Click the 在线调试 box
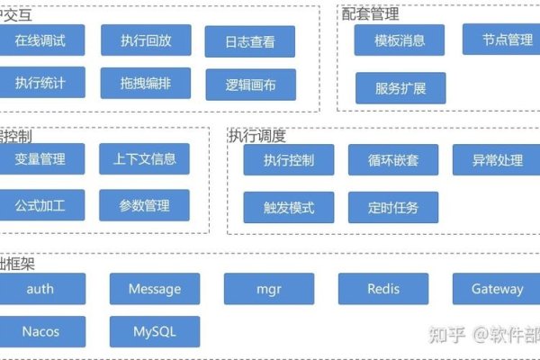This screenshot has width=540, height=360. coord(40,40)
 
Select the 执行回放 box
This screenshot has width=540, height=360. coord(145,40)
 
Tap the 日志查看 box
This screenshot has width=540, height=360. coord(251,41)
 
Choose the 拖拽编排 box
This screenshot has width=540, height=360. coord(145,84)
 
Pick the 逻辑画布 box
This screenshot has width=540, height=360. coord(251,85)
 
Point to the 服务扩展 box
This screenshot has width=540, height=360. coord(400,88)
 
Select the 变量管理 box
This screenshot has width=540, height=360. coord(40,159)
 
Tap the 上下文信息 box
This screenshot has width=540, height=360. coord(145,159)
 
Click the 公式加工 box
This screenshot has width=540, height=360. coord(40,206)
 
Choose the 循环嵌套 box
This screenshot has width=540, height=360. coord(393,160)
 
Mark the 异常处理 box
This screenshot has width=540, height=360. coord(497,160)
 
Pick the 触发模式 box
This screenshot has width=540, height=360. coord(289,207)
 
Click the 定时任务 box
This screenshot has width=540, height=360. coord(393,207)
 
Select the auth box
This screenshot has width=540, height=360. coord(40,289)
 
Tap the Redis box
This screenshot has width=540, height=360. coord(383,289)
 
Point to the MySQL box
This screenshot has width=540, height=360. coord(155,331)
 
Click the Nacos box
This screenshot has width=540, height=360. coord(40,331)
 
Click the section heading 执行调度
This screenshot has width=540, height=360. coord(257,136)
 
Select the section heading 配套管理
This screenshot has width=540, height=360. coord(370,13)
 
